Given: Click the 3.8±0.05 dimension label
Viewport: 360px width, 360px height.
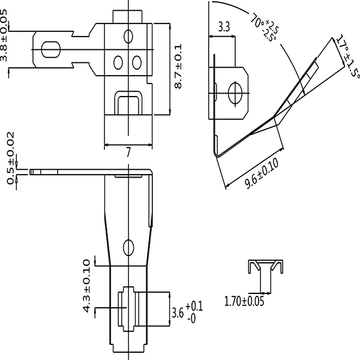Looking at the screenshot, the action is point(4,35).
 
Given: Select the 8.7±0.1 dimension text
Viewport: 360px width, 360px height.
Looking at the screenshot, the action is point(178,66).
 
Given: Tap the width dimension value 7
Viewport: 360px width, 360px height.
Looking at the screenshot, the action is point(128,152).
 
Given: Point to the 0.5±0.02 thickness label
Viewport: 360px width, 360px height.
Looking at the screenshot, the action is point(11,158).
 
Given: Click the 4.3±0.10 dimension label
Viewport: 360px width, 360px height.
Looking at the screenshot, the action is point(87,286).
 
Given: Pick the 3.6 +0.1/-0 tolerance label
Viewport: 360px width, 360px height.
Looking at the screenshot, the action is point(187,313).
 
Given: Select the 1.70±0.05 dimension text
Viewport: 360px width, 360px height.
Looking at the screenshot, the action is point(244,301).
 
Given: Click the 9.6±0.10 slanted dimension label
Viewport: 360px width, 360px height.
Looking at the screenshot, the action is point(262,173).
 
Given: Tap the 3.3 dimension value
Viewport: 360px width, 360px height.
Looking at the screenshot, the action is point(224,27).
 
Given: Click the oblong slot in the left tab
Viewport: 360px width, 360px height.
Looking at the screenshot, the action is point(51,50).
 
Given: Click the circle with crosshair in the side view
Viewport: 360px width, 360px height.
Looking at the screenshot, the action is point(235,93).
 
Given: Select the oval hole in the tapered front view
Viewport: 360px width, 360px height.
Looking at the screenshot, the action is point(128,247).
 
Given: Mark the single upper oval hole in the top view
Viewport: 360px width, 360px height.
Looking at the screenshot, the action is point(128,36).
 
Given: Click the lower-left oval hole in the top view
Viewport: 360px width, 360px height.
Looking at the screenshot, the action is point(118,62).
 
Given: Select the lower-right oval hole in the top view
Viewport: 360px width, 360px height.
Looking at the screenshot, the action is point(137,62).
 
